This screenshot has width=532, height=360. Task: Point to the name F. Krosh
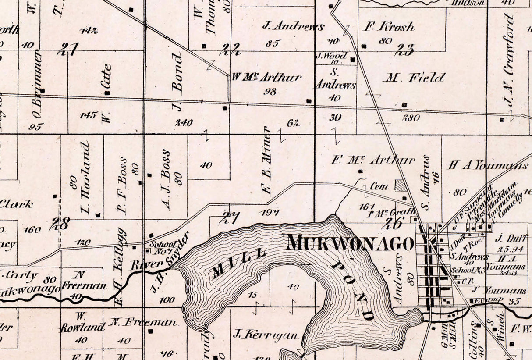(389, 27)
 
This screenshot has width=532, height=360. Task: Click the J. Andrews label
(293, 26)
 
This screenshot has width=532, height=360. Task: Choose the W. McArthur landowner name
(266, 78)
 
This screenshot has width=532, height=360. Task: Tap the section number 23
(404, 50)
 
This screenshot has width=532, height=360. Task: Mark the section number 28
(59, 224)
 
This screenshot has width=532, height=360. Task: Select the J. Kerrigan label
(266, 335)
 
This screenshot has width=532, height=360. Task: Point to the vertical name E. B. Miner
(266, 160)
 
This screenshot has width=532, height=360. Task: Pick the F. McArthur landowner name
(372, 160)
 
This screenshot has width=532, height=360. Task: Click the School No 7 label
(162, 247)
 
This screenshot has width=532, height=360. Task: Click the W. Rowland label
(82, 323)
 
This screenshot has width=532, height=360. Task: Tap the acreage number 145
(88, 115)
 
